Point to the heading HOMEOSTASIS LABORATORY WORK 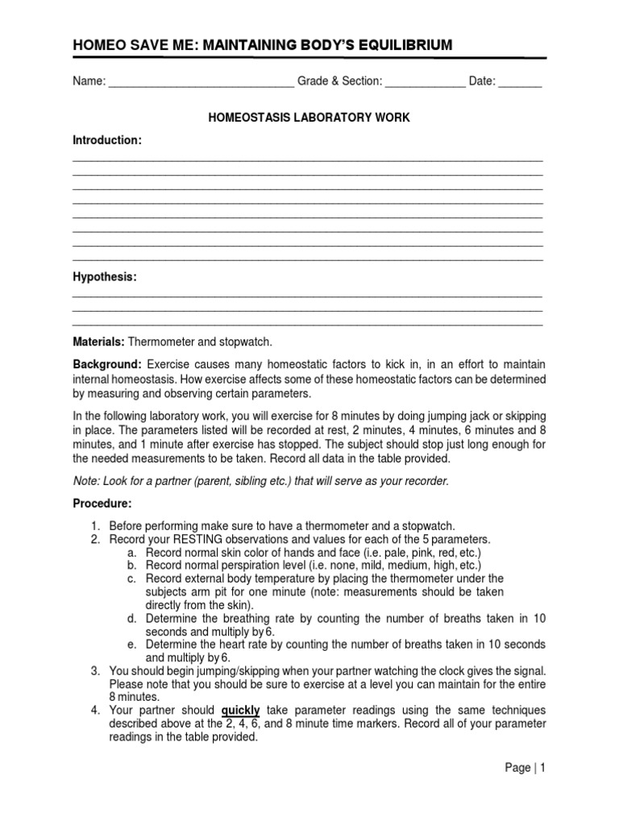click(309, 118)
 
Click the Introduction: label click(107, 140)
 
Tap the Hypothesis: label click(105, 277)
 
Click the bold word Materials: click(98, 342)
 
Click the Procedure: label click(102, 503)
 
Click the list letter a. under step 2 click(131, 553)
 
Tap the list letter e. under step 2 click(131, 644)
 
